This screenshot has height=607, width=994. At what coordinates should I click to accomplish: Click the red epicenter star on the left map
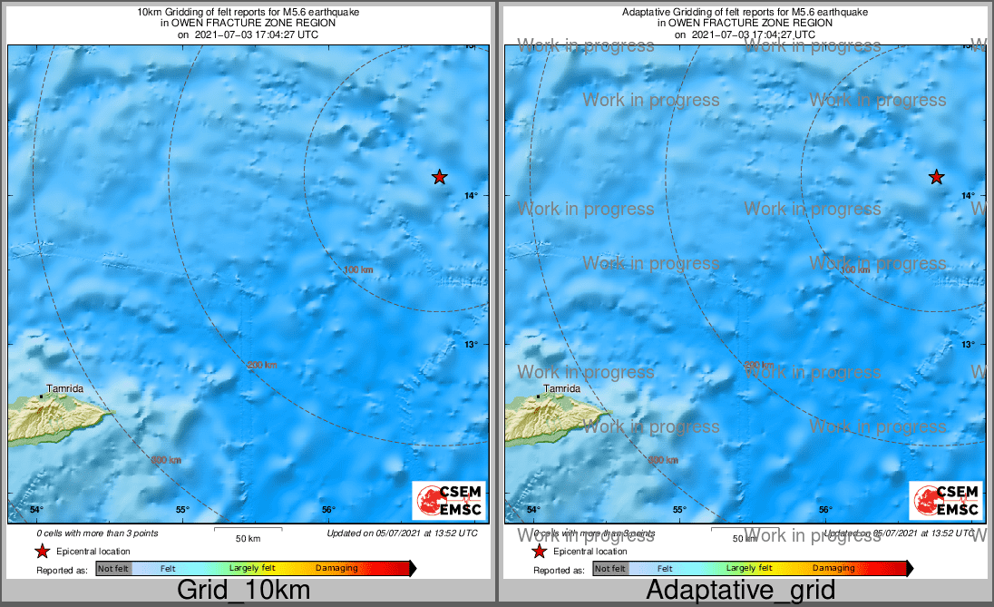click(x=439, y=177)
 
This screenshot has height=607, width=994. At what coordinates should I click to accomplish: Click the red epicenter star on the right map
click(x=937, y=177)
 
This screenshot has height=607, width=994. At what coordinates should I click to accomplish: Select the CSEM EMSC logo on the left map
click(x=449, y=501)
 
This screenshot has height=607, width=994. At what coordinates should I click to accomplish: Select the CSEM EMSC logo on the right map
click(x=946, y=501)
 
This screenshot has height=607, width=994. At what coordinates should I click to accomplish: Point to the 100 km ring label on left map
click(x=359, y=269)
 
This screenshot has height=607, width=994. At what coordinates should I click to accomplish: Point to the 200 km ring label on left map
click(x=262, y=365)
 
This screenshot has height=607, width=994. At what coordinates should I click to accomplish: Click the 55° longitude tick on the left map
click(x=181, y=509)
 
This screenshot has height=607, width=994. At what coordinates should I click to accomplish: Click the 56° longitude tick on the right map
click(x=825, y=509)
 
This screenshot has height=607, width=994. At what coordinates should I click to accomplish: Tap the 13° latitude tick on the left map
click(x=472, y=345)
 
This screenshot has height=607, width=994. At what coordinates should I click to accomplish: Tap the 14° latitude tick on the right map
click(x=969, y=195)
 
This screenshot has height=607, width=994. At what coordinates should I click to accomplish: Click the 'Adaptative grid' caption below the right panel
click(x=740, y=591)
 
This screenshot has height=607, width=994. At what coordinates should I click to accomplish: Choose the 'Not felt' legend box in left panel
click(x=113, y=569)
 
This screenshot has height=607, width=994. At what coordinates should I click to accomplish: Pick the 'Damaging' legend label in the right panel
click(x=833, y=568)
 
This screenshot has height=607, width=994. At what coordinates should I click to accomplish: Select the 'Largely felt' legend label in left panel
click(x=250, y=568)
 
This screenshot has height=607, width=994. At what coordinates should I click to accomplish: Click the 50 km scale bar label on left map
click(x=248, y=538)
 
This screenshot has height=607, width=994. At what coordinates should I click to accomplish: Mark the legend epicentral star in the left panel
click(x=42, y=551)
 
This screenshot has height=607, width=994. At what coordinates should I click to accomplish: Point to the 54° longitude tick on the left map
click(x=36, y=509)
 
